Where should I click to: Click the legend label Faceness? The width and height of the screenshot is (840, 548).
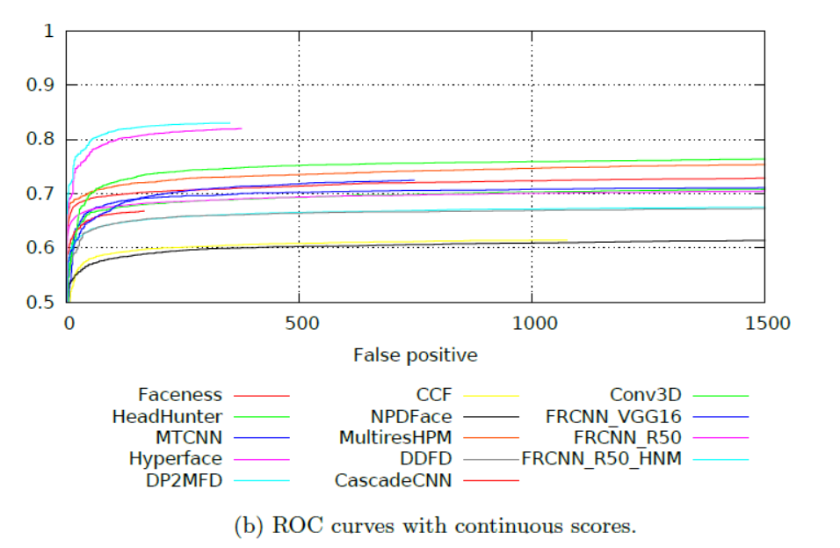point(180,395)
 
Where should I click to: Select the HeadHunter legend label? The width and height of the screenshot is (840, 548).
point(167,416)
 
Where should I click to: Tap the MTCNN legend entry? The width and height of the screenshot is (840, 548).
point(190,437)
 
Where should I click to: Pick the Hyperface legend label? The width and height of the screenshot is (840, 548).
point(175,458)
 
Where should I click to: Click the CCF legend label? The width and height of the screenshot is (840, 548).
point(434,395)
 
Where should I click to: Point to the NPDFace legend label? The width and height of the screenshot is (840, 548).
point(411,416)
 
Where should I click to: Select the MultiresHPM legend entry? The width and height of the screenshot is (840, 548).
point(395,437)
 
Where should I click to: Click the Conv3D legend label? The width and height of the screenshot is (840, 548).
point(646,395)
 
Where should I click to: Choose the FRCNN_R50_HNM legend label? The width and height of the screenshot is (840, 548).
point(601,458)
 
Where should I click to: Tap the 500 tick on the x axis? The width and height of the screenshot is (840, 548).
point(300,324)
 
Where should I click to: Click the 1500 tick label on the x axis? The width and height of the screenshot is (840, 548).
point(764,324)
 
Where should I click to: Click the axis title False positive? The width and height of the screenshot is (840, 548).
point(416,355)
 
